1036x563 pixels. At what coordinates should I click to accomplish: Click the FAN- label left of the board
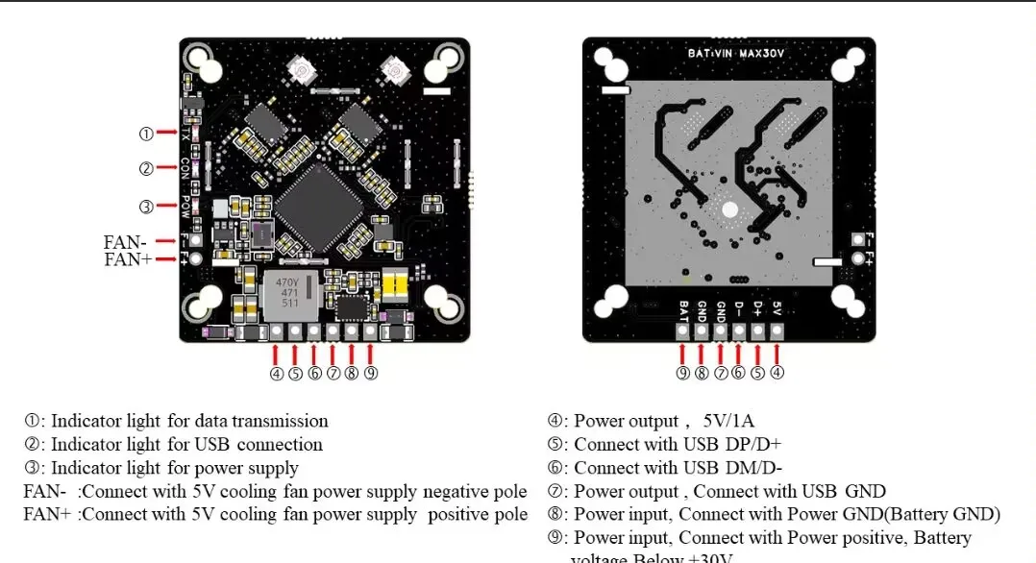coord(125,242)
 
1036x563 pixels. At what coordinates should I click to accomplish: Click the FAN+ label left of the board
coord(127,259)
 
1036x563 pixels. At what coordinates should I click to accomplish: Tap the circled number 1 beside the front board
coord(146,134)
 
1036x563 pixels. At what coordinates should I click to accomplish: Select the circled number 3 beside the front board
coord(146,206)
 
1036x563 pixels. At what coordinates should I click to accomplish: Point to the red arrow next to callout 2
coord(167,169)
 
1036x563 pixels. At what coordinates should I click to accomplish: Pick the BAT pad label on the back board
coord(682,310)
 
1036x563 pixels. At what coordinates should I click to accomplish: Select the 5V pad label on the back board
coord(777,310)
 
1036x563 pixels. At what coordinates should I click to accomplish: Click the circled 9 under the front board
coord(370,374)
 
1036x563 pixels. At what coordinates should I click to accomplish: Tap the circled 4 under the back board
coord(777,374)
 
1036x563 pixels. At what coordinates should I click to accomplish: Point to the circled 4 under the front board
coord(277,374)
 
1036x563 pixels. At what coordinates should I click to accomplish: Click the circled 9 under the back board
coord(682,374)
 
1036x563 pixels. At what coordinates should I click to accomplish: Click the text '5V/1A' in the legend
coord(728,421)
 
